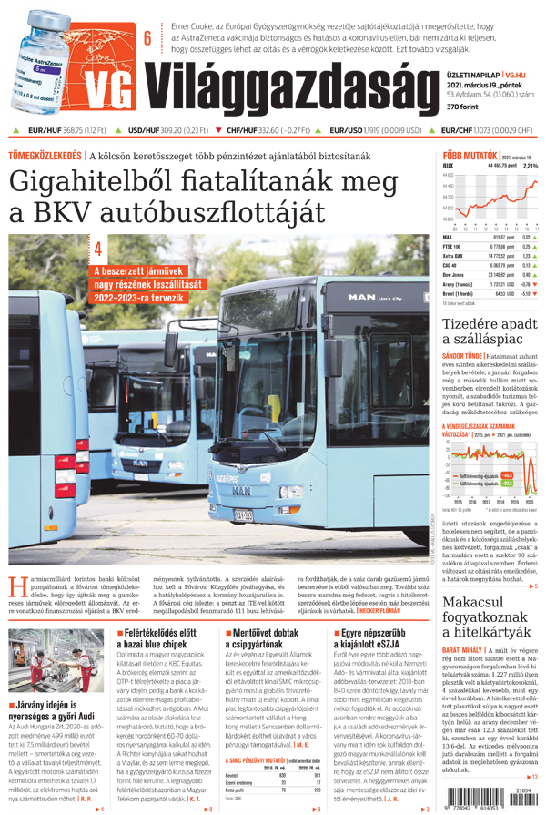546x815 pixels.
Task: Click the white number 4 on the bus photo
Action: coord(98,248)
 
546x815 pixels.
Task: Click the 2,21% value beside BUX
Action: coord(531,167)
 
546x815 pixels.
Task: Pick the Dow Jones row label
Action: coord(455,272)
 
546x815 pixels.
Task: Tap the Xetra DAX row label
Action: coord(454,256)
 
